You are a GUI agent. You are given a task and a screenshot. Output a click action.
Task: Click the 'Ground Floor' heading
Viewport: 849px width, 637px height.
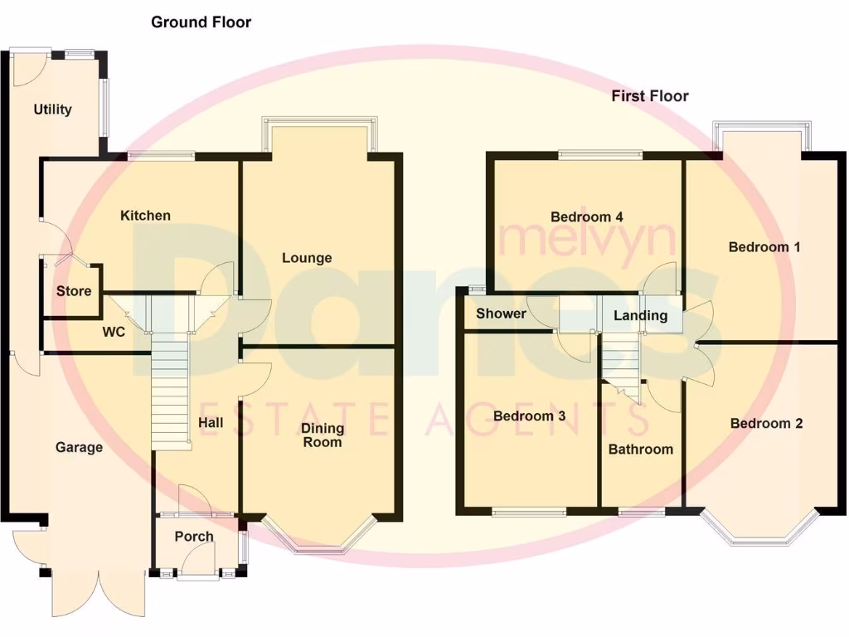pyautogui.click(x=201, y=22)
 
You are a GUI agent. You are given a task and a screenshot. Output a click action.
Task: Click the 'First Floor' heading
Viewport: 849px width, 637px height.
pyautogui.click(x=650, y=96)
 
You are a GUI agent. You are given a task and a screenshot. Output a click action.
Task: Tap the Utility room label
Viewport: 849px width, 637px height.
pyautogui.click(x=53, y=109)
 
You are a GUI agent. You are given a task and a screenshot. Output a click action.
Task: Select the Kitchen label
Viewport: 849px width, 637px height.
pyautogui.click(x=146, y=216)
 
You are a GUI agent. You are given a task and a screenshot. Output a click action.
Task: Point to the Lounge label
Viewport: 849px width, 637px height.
pyautogui.click(x=307, y=258)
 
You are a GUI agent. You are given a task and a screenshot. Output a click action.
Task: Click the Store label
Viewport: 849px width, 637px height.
pyautogui.click(x=74, y=291)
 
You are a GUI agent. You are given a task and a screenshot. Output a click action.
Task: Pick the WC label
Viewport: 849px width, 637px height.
pyautogui.click(x=114, y=333)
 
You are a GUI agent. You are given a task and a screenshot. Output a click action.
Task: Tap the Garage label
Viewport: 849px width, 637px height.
pyautogui.click(x=80, y=448)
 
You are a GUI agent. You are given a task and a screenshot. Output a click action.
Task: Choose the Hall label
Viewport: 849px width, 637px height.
pyautogui.click(x=211, y=423)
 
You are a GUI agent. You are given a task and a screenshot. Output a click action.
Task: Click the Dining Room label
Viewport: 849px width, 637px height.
pyautogui.click(x=322, y=435)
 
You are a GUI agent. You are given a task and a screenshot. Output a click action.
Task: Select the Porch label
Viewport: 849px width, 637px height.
pyautogui.click(x=194, y=537)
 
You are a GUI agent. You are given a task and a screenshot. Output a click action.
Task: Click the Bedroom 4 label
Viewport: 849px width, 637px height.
pyautogui.click(x=587, y=217)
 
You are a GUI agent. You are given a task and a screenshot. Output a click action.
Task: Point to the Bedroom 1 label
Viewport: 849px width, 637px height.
pyautogui.click(x=764, y=247)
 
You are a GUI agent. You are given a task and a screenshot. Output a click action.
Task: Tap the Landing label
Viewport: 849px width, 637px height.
pyautogui.click(x=640, y=316)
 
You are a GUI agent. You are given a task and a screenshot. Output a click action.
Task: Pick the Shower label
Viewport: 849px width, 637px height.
pyautogui.click(x=501, y=314)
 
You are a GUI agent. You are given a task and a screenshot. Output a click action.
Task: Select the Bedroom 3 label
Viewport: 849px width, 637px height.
pyautogui.click(x=529, y=416)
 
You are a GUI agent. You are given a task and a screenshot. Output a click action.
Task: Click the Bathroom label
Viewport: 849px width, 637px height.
pyautogui.click(x=641, y=450)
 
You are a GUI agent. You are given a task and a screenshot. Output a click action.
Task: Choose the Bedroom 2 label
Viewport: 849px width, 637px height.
pyautogui.click(x=766, y=424)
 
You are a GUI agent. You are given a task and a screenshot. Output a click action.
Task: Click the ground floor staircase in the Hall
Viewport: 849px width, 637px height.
pyautogui.click(x=172, y=390)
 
